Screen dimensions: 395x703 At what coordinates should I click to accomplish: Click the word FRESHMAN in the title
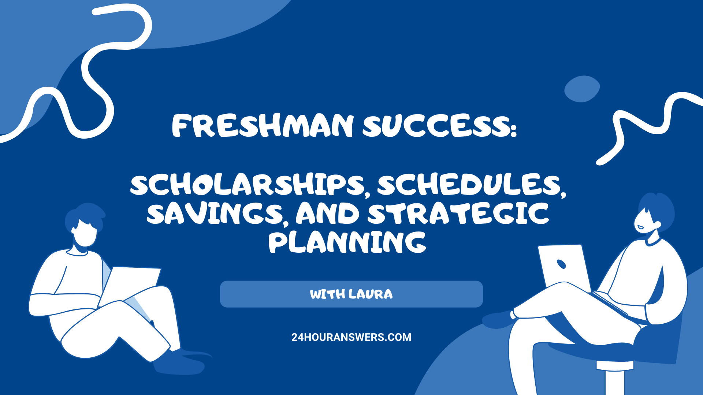[x=263, y=125]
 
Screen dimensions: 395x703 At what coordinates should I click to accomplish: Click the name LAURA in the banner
[x=371, y=294]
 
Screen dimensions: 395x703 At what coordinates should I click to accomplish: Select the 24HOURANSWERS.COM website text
[x=351, y=337]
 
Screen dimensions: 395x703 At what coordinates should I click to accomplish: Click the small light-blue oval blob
[x=581, y=89]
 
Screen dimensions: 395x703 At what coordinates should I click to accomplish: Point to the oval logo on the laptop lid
[x=561, y=264]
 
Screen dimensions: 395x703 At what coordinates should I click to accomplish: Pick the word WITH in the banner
[x=327, y=294]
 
